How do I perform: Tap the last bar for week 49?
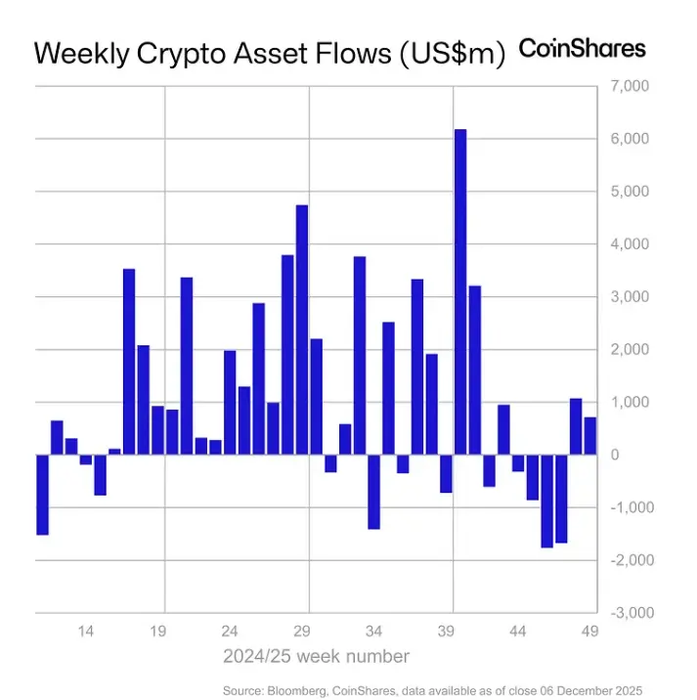coord(590,436)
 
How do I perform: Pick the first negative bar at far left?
coord(42,494)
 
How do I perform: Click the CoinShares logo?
coord(582,49)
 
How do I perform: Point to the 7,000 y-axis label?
coord(629,87)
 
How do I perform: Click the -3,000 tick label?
coord(627,613)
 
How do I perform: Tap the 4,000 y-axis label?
coord(629,244)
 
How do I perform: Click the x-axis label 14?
coord(86,632)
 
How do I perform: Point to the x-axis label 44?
coord(519,632)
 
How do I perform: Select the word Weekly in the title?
coord(79,54)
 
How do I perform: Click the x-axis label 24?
coord(231,632)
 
